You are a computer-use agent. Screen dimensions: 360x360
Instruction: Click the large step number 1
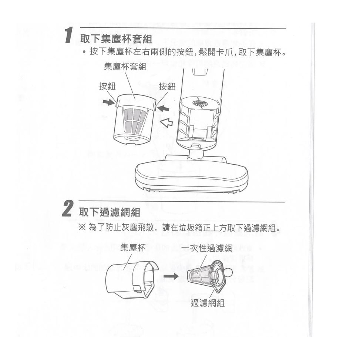[69, 35]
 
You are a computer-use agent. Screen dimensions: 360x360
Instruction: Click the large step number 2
[68, 208]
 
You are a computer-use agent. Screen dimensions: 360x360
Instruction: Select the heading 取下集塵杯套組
[116, 38]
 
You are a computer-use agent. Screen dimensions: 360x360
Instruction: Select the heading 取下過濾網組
[110, 212]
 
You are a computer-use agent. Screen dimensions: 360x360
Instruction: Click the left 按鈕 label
[107, 86]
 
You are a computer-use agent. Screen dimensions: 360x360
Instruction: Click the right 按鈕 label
[167, 87]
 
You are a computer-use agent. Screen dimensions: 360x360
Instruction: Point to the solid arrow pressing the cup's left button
[108, 102]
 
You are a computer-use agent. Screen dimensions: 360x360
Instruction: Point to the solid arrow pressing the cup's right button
[163, 108]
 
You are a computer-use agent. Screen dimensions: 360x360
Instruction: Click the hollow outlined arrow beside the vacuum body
[166, 122]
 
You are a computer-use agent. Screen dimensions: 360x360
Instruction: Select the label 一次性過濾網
[207, 248]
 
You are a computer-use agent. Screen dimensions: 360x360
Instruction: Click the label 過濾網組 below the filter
[208, 303]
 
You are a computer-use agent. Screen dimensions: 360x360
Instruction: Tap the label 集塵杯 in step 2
[133, 248]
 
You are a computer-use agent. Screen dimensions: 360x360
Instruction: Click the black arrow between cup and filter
[171, 276]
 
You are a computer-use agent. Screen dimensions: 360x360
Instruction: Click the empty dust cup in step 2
[132, 280]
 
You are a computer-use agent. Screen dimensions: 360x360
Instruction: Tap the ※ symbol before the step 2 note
[82, 228]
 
